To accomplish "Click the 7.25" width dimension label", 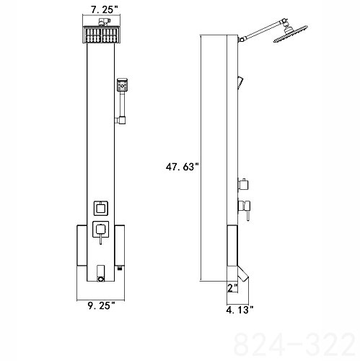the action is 105,9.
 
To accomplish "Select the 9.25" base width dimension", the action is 101,305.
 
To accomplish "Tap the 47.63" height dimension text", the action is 183,167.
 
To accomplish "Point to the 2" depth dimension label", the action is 232,287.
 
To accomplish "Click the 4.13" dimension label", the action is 240,310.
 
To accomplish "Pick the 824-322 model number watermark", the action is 295,344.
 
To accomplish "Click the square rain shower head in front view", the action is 101,35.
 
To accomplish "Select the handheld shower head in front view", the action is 122,84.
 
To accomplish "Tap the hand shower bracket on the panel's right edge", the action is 120,120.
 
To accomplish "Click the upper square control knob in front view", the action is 101,208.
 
